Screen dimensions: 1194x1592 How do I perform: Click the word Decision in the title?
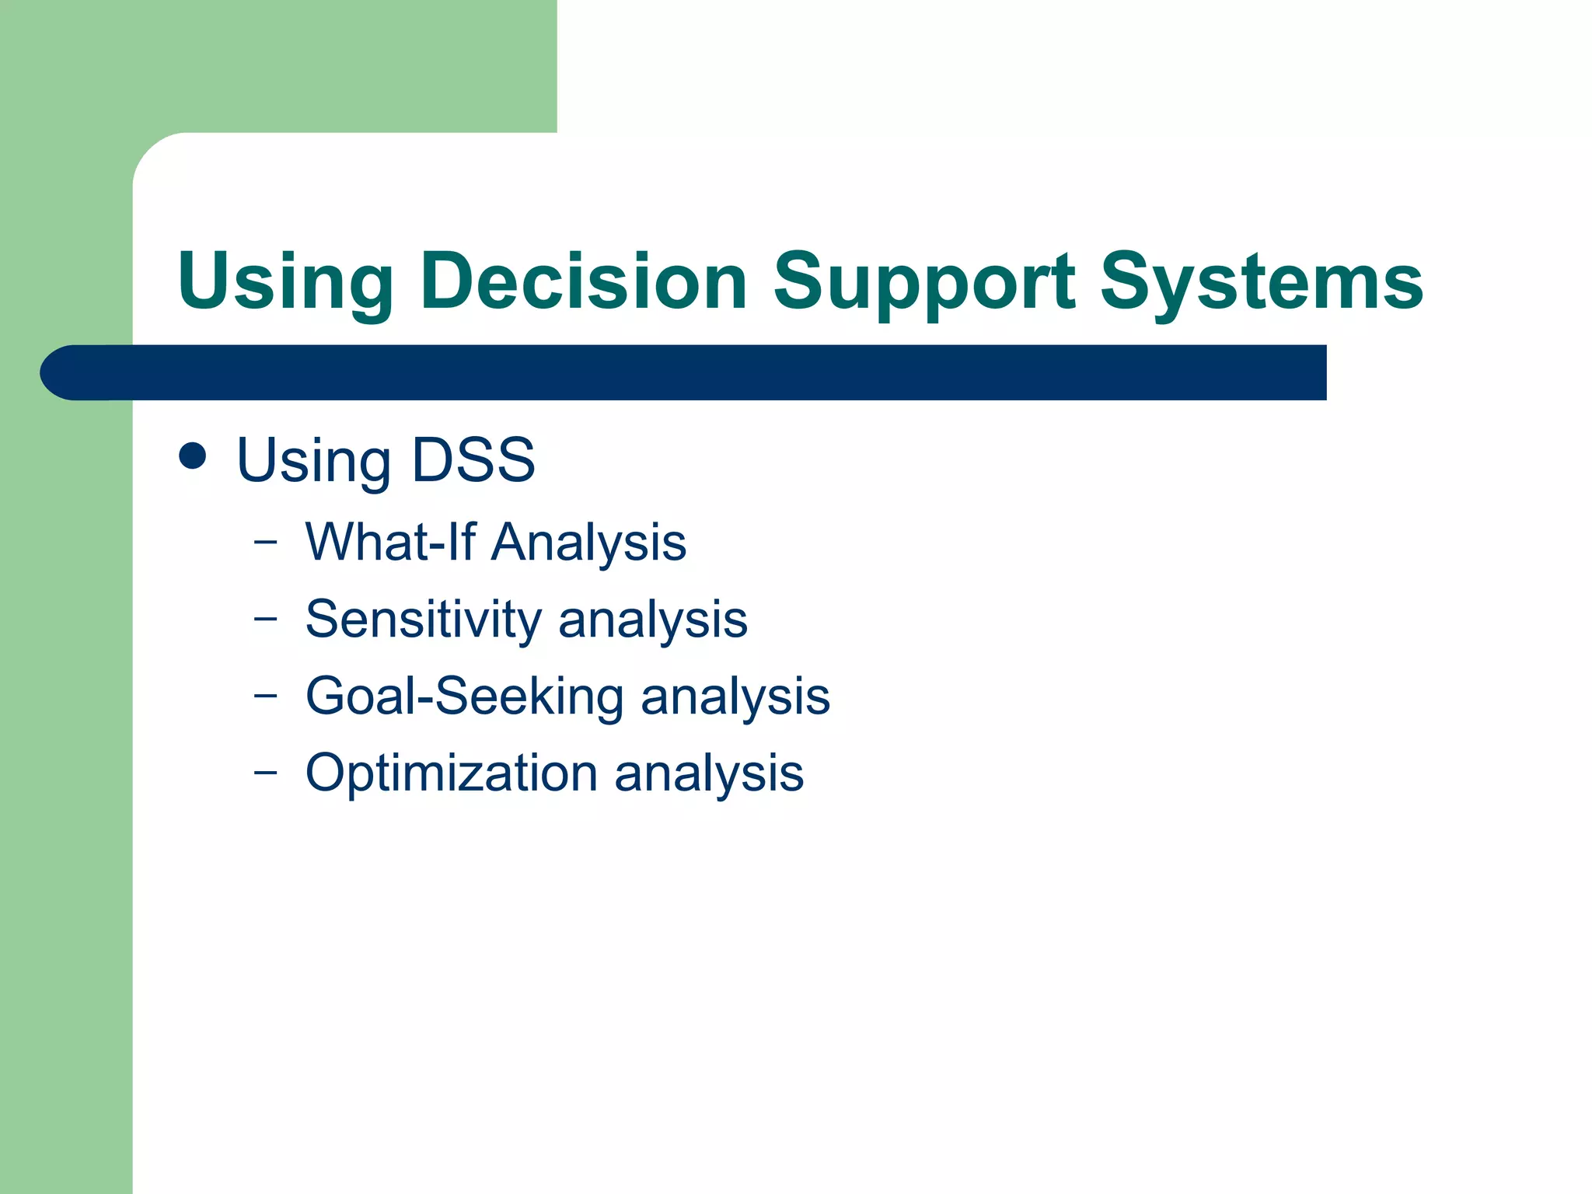coord(583,281)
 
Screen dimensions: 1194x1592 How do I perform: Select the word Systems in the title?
coord(1262,281)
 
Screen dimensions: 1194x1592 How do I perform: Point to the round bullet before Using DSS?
coord(192,456)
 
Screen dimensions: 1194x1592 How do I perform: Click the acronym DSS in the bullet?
coord(473,460)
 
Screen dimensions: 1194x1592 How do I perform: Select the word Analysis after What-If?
coord(588,543)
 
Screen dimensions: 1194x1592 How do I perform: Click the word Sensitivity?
coord(423,620)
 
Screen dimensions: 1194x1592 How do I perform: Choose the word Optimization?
coord(451,773)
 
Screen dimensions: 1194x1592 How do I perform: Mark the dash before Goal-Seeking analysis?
coord(265,694)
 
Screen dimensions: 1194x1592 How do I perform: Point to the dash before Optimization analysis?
coord(265,771)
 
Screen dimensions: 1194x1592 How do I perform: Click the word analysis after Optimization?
coord(709,773)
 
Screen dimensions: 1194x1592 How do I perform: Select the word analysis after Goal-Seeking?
coord(735,696)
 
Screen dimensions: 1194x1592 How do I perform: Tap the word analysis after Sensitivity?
coord(653,620)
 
